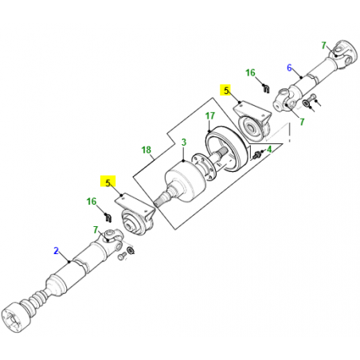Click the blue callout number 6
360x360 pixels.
tap(290, 68)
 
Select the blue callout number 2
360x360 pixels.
tap(57, 251)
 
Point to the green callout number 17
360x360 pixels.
tap(209, 116)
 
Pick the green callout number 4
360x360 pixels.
tap(269, 149)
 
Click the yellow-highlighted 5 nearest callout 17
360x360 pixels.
tap(226, 91)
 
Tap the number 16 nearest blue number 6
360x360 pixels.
tap(251, 72)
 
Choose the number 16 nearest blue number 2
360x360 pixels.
tap(92, 203)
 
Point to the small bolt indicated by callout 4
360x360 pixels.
tap(257, 155)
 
